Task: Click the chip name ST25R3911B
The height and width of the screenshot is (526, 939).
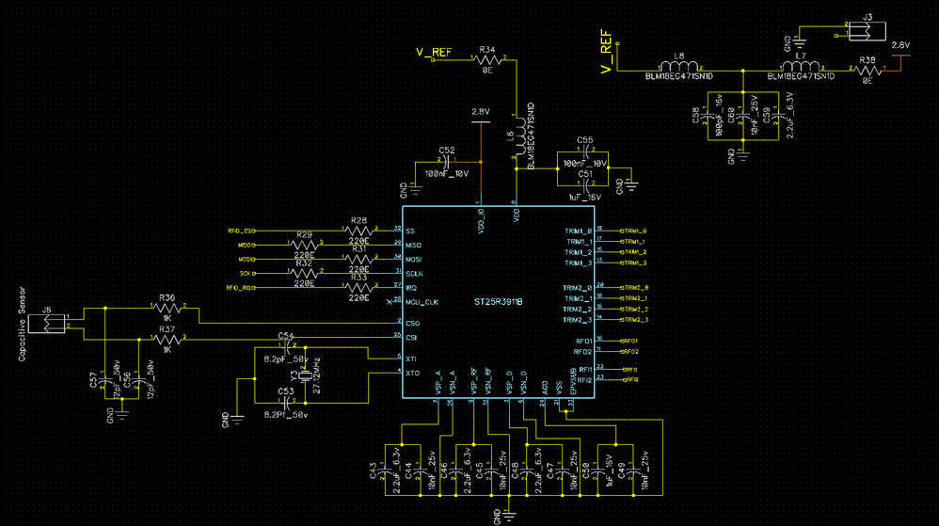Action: pyautogui.click(x=498, y=302)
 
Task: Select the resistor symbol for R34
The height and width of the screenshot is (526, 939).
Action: pyautogui.click(x=487, y=59)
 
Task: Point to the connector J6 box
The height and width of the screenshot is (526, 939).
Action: pyautogui.click(x=44, y=323)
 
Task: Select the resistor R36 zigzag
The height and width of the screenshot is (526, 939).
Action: pyautogui.click(x=167, y=308)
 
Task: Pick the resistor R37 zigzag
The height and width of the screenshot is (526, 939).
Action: pyautogui.click(x=167, y=338)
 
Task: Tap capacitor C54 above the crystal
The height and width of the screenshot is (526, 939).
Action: pyautogui.click(x=287, y=347)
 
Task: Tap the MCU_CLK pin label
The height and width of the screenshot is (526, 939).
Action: pyautogui.click(x=422, y=301)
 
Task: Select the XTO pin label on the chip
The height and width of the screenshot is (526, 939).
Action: pyautogui.click(x=412, y=374)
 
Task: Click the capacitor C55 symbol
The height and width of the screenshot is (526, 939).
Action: pyautogui.click(x=584, y=151)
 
